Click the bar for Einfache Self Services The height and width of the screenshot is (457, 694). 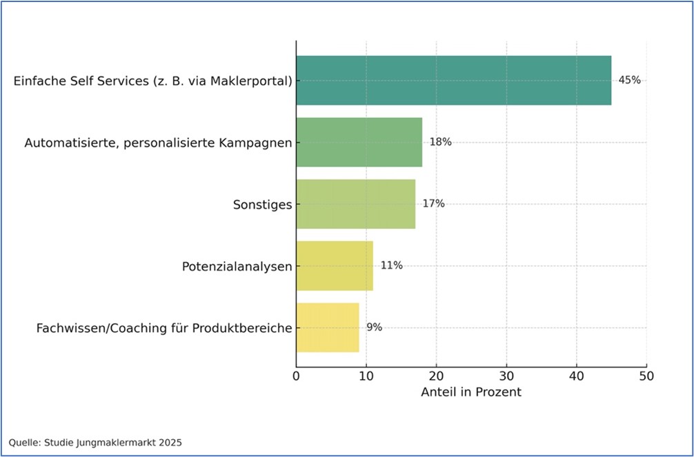(453, 81)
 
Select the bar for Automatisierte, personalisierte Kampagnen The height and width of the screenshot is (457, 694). (359, 142)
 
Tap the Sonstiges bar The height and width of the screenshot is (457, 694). (355, 204)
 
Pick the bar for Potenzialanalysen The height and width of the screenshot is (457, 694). (335, 265)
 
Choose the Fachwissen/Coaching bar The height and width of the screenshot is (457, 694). (328, 327)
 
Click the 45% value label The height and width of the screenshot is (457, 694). (629, 80)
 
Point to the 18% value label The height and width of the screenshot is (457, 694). (440, 142)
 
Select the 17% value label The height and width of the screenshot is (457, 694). (433, 204)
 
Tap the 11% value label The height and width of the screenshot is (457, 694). (391, 265)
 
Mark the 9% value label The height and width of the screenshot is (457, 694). (374, 327)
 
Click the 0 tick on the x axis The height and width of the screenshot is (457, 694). (296, 376)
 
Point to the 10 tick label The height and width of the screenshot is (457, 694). (366, 376)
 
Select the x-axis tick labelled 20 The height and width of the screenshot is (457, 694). (436, 376)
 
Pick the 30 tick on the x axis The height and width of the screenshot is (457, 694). (506, 376)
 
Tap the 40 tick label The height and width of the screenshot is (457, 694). (577, 376)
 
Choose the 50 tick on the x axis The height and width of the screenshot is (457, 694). (646, 376)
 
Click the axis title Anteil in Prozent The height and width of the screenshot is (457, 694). (471, 392)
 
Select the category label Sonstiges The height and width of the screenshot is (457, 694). (263, 204)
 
